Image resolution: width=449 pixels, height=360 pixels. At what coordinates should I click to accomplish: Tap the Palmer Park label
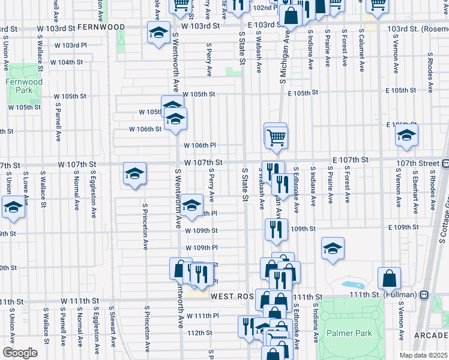[x=349, y=333]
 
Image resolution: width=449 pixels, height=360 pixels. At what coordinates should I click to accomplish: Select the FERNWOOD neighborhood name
[x=101, y=28]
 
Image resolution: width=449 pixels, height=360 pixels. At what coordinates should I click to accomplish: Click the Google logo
[x=20, y=353]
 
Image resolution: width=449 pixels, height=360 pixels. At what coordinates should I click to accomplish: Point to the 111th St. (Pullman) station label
[x=388, y=296]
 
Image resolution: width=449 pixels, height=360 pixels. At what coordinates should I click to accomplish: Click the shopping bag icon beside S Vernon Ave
[x=389, y=278]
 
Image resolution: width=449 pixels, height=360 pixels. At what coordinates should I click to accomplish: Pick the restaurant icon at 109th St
[x=276, y=229]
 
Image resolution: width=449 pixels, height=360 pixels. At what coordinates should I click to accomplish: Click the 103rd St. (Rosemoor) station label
[x=417, y=28]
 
